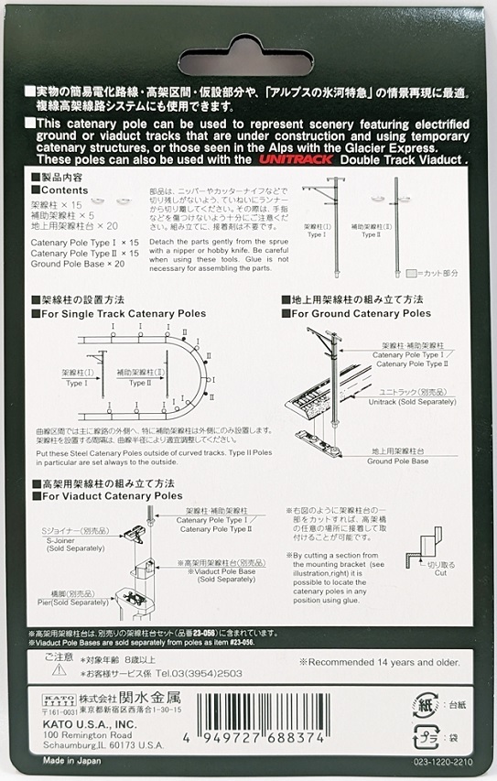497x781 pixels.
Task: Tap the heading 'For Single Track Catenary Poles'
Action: (120, 313)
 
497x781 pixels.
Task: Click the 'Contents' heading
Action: (65, 190)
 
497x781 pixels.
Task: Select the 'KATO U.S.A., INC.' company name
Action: (76, 724)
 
